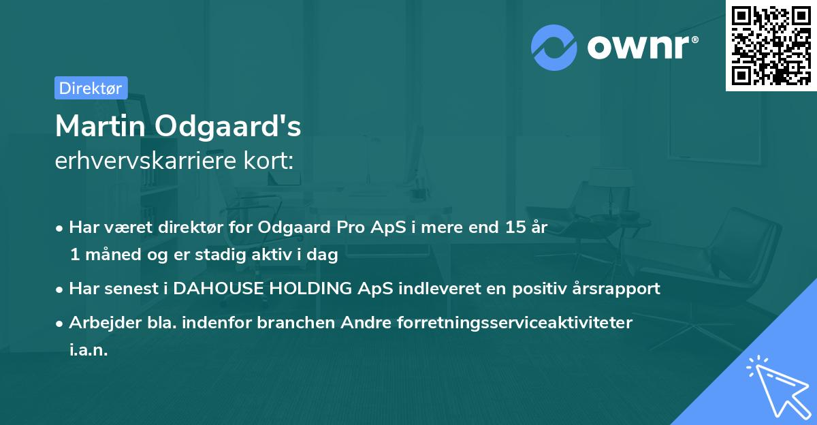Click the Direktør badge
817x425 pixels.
[91, 88]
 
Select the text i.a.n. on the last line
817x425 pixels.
[89, 350]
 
